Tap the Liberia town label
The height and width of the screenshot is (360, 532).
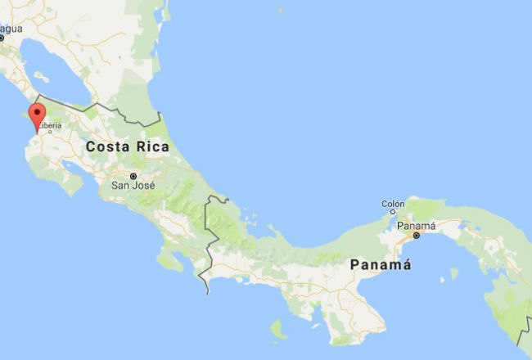(x=50, y=126)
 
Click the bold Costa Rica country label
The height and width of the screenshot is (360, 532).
(x=127, y=147)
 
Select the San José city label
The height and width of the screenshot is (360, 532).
(x=133, y=186)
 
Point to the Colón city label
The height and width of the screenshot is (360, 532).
(x=394, y=204)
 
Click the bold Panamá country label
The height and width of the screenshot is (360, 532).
(x=380, y=265)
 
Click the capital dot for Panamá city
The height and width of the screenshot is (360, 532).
(x=417, y=236)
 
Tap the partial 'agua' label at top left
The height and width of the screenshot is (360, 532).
(x=11, y=29)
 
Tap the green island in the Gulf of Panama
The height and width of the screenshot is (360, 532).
(x=453, y=273)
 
